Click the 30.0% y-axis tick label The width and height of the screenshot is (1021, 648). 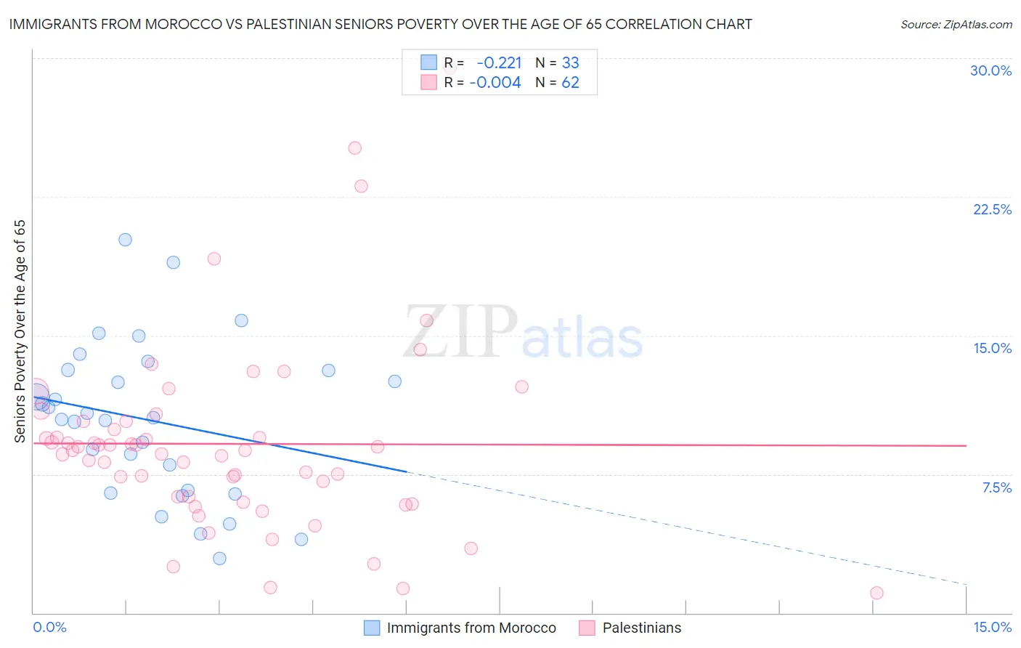click(x=991, y=70)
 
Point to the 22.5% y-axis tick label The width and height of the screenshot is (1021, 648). click(x=992, y=209)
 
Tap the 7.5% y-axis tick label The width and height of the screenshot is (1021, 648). click(x=996, y=487)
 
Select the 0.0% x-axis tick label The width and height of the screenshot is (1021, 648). click(x=49, y=627)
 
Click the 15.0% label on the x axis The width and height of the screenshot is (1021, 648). click(x=992, y=627)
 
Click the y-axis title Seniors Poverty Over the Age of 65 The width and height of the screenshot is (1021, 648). click(x=20, y=331)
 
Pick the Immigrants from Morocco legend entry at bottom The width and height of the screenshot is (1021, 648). click(x=460, y=628)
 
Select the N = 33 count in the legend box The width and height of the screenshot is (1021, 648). click(x=557, y=63)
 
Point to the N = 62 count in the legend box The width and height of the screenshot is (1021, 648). click(x=557, y=83)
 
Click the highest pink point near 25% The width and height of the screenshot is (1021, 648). click(x=354, y=148)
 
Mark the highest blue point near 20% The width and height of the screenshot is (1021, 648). click(x=125, y=240)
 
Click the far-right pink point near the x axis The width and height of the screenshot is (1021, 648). click(x=876, y=593)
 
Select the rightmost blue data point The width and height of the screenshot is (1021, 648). click(x=394, y=381)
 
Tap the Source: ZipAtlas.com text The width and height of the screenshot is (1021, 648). click(x=956, y=25)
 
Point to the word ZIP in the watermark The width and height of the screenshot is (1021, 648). click(x=460, y=331)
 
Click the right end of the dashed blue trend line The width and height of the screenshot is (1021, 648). click(x=966, y=584)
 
